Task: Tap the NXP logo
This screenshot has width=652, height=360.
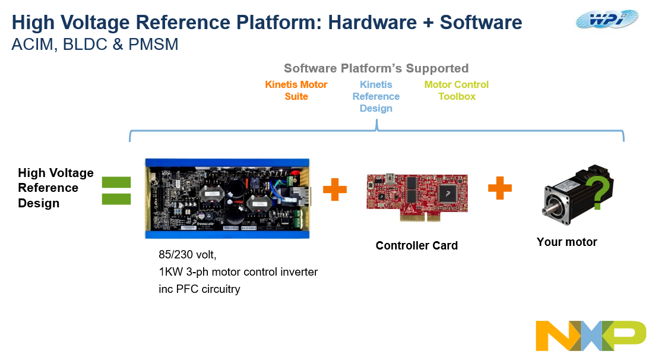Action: point(590,336)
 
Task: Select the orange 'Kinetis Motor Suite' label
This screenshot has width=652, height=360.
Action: point(296,90)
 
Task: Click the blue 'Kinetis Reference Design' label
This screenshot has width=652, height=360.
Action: point(376,96)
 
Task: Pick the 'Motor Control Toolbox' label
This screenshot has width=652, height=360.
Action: point(457,90)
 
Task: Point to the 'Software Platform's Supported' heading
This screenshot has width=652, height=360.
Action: point(376,68)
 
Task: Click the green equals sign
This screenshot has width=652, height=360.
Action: point(116,190)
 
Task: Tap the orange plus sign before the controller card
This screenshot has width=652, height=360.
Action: point(335,190)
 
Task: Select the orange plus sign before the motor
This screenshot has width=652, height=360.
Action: point(500,188)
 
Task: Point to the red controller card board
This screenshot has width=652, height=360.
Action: point(416,194)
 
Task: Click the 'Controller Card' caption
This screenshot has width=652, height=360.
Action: point(417,245)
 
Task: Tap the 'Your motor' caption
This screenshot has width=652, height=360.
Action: point(566,242)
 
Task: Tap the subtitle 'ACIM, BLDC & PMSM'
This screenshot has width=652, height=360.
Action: point(95,45)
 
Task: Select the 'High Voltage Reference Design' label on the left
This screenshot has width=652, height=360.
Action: point(56,188)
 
